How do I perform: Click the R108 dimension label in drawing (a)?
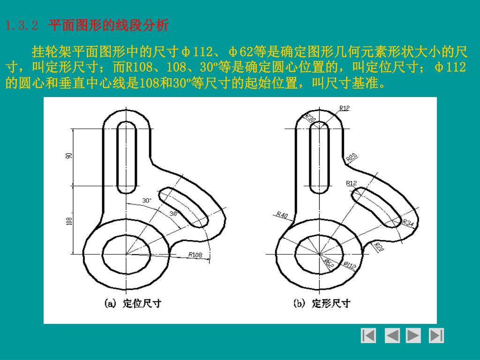[x=195, y=255]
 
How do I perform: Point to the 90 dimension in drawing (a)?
[x=69, y=156]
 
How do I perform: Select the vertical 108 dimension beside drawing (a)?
[x=69, y=221]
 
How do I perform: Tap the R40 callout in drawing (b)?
[x=282, y=215]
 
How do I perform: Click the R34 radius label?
[x=408, y=223]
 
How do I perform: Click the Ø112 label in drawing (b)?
[x=350, y=265]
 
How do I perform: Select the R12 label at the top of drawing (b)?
[x=345, y=108]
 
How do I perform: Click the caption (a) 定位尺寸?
[x=133, y=303]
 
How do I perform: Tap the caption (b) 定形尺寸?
[x=322, y=303]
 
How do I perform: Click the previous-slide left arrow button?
[x=392, y=336]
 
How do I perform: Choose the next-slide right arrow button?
[x=413, y=336]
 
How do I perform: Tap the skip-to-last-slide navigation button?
[x=436, y=336]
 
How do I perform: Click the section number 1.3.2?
[x=22, y=25]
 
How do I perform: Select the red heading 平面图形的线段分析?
[x=108, y=25]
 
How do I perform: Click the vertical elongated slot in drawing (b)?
[x=319, y=157]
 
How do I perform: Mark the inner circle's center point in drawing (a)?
[x=127, y=254]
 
